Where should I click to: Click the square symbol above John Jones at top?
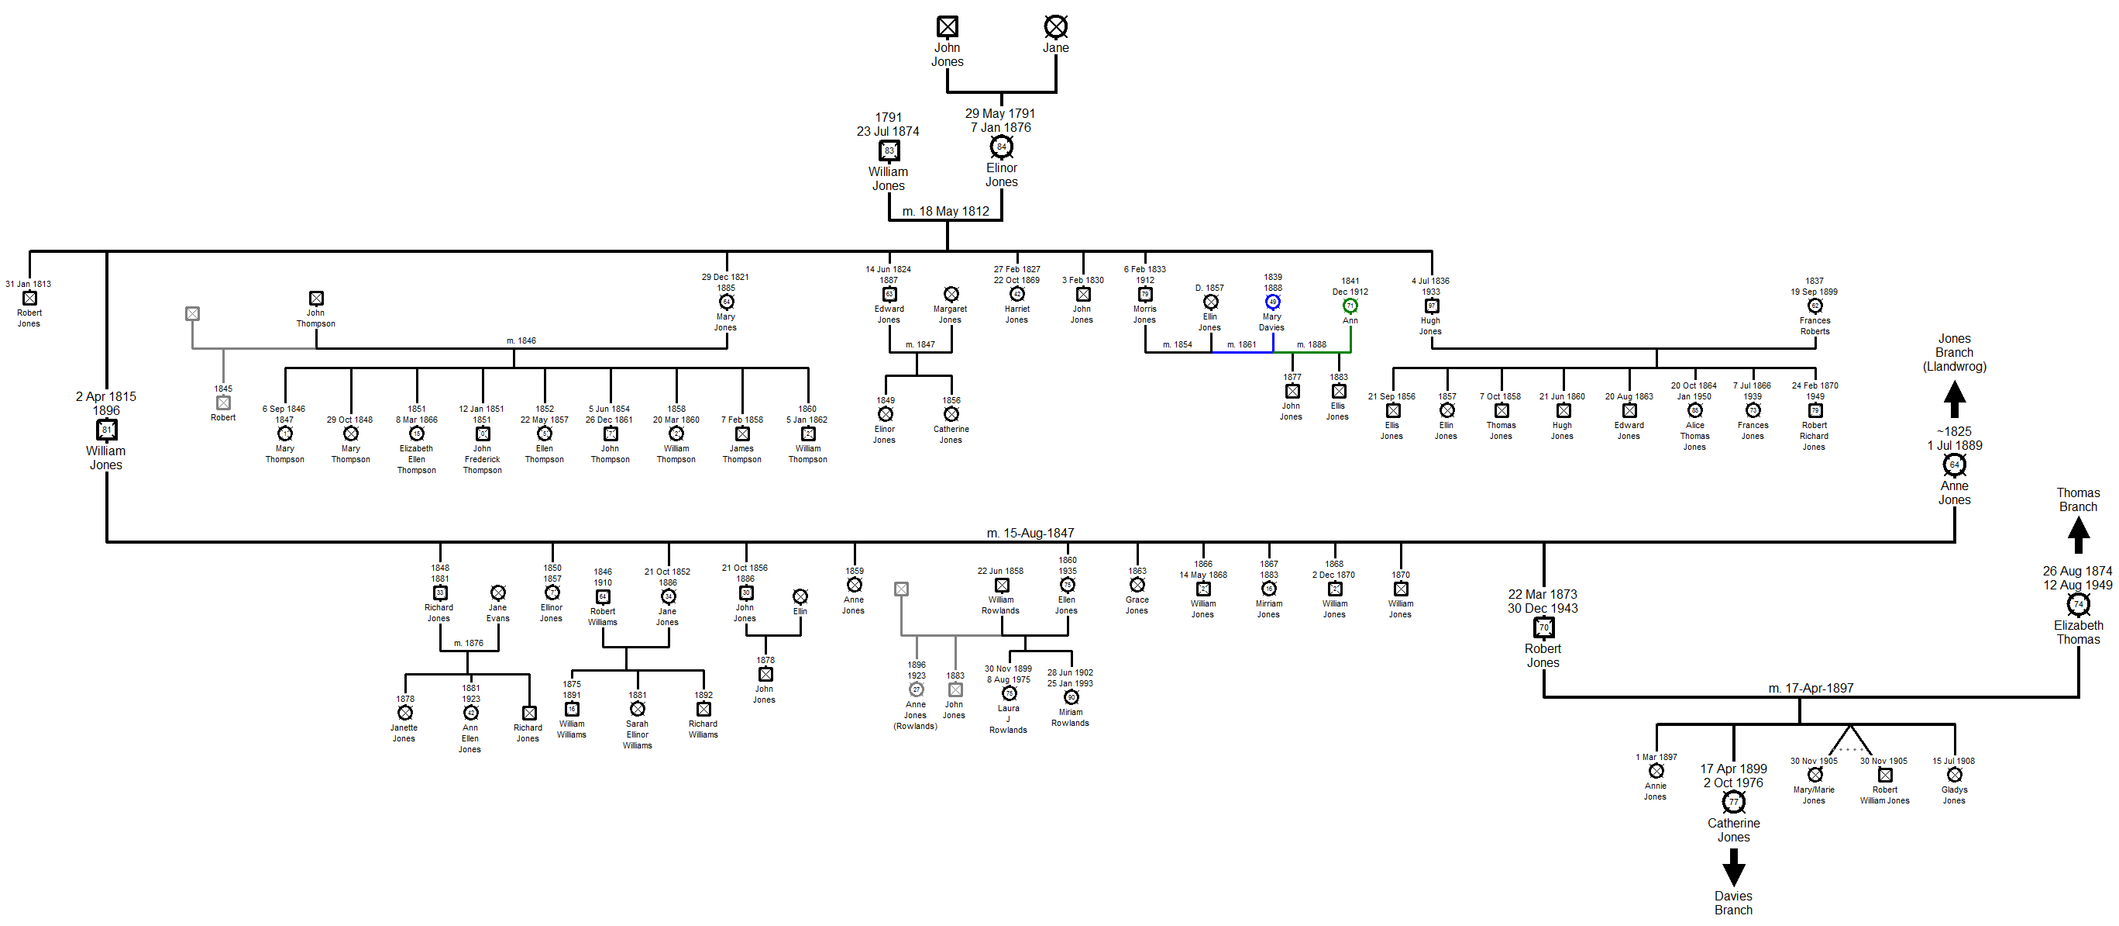tap(947, 26)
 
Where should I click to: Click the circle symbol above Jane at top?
tap(1055, 26)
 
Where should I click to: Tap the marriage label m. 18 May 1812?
tap(945, 212)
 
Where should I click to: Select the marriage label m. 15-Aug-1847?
tap(1030, 534)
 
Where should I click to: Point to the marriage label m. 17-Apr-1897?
tap(1811, 688)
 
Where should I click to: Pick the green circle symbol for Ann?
tap(1350, 306)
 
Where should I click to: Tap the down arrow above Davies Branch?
tap(1733, 867)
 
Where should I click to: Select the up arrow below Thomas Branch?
tap(2078, 536)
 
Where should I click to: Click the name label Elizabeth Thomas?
tap(2078, 632)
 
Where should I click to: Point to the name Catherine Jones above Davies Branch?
tap(1733, 830)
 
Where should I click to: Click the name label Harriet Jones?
tap(1017, 314)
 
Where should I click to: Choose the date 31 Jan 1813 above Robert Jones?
tap(28, 284)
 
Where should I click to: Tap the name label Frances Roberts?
tap(1815, 326)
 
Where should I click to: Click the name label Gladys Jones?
tap(1954, 795)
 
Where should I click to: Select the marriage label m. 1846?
tap(521, 340)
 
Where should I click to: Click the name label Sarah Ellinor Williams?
tap(637, 735)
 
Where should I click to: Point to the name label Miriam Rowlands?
tap(1070, 717)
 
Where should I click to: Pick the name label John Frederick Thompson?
tap(482, 460)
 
